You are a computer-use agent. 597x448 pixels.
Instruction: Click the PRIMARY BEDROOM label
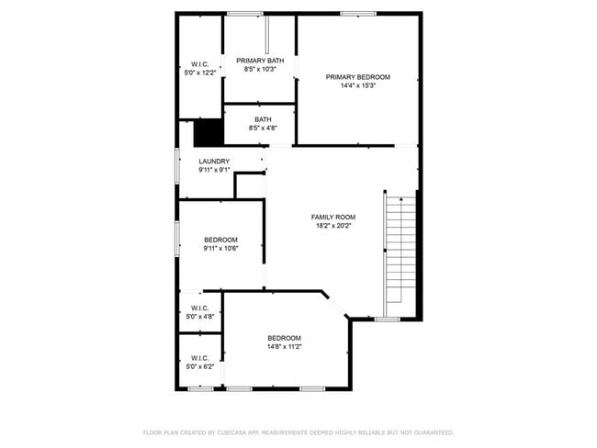358,77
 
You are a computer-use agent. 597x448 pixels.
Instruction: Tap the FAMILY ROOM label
333,218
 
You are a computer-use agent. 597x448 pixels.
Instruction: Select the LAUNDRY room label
214,162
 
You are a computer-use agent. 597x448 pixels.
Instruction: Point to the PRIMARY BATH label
260,61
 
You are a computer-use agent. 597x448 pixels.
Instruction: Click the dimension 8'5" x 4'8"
263,129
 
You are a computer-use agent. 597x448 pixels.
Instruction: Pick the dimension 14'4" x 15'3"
358,86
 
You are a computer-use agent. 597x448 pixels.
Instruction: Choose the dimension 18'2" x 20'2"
333,226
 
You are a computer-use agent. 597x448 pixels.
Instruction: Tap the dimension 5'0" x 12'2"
200,73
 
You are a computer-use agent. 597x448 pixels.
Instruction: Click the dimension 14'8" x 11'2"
285,347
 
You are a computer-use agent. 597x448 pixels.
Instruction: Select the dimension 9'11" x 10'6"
220,249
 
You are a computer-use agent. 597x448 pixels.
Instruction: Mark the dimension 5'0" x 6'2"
200,367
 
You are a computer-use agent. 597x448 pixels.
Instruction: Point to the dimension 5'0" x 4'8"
200,317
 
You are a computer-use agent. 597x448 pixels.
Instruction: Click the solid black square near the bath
208,132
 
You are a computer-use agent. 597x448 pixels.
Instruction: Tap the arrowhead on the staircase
401,199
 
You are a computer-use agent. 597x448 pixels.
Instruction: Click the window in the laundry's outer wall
177,165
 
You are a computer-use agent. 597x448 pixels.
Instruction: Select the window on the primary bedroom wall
358,14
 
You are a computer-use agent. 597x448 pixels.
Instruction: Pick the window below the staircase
387,319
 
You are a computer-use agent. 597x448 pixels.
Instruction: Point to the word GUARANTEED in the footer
434,432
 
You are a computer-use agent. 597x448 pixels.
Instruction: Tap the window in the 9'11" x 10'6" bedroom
177,239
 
